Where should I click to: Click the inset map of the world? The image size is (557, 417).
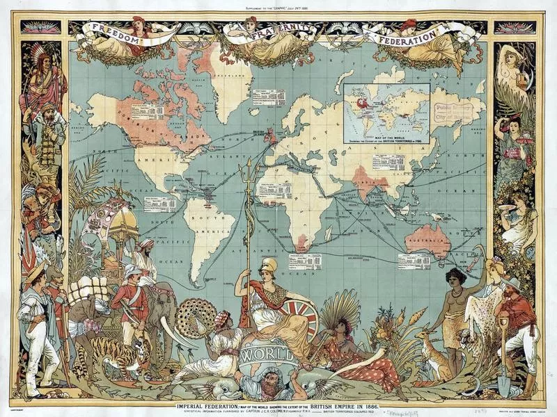[386, 111]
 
